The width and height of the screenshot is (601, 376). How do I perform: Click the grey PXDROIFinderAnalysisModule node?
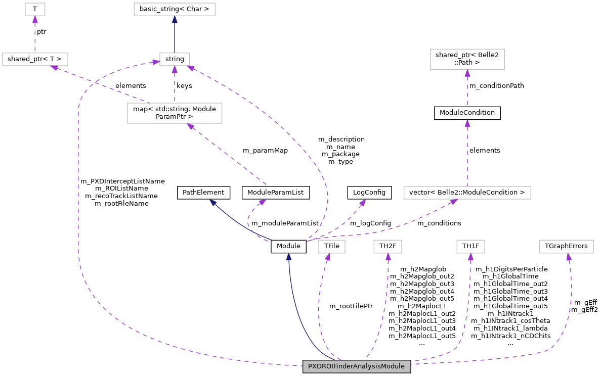[x=356, y=366]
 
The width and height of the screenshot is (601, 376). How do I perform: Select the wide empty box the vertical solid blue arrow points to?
[x=174, y=9]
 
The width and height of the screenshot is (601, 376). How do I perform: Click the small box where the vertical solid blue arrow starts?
[x=175, y=59]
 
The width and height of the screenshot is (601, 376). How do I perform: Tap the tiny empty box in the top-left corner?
[x=35, y=9]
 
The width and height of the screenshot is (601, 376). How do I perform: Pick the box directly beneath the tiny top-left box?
[x=35, y=59]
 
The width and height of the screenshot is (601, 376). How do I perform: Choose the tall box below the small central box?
[x=175, y=113]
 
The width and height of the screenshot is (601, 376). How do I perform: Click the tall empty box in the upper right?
[x=467, y=59]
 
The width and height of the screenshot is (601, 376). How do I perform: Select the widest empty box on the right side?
[x=467, y=193]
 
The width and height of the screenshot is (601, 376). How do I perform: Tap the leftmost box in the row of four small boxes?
[x=331, y=246]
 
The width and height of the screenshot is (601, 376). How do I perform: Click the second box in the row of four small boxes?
[x=388, y=246]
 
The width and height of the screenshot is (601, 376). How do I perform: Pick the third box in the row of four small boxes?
[x=470, y=246]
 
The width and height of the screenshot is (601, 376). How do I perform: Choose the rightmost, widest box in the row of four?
[x=566, y=246]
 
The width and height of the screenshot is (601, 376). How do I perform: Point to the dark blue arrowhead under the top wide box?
[x=175, y=20]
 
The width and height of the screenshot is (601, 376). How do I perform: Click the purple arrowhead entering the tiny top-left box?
[x=35, y=20]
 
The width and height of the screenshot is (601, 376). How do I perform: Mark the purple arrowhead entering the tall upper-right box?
[x=467, y=73]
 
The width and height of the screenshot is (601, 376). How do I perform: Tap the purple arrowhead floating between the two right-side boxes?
[x=467, y=123]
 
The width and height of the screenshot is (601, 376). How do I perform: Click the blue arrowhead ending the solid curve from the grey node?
[x=288, y=256]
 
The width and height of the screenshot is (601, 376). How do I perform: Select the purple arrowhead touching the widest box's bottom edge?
[x=453, y=202]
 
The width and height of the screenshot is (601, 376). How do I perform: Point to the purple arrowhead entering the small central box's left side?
[x=155, y=62]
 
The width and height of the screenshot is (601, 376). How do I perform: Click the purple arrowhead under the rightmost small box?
[x=569, y=257]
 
